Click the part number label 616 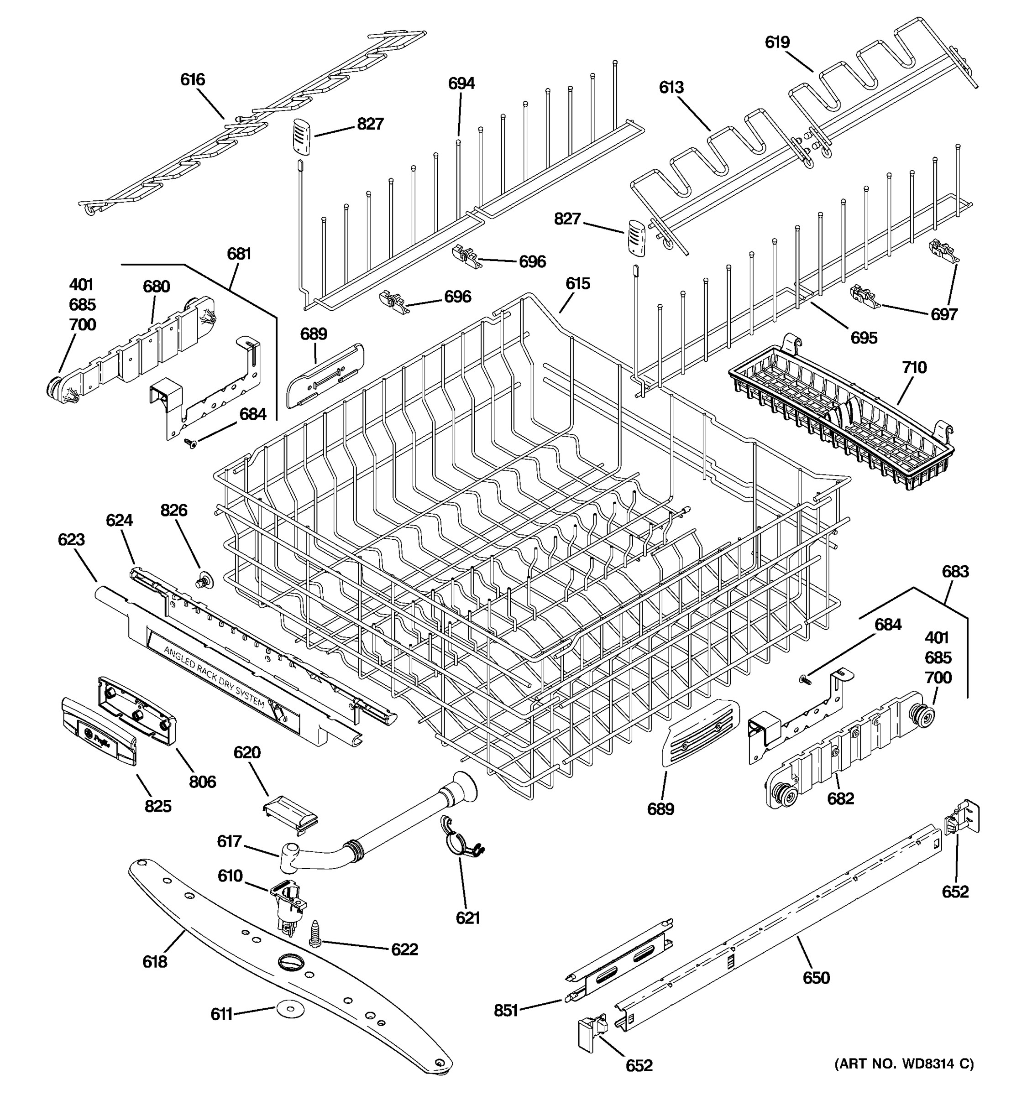point(192,80)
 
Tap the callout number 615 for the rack point(577,284)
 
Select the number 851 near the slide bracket point(506,1010)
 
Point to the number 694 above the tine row point(461,84)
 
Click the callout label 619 point(777,42)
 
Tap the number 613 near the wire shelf point(671,88)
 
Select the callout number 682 point(840,798)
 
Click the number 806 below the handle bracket point(202,781)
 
